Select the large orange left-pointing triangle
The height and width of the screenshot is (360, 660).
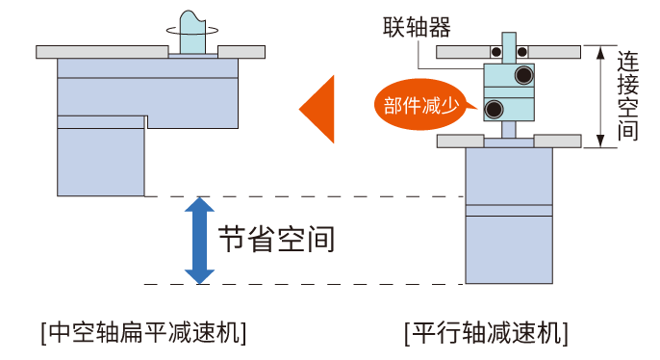318,107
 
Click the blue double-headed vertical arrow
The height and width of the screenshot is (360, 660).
198,241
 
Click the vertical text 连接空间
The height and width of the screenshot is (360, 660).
627,96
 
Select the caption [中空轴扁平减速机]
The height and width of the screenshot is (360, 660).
143,333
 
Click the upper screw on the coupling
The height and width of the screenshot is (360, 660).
524,75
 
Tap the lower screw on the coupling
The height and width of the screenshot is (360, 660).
494,107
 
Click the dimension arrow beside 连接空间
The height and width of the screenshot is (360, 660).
604,96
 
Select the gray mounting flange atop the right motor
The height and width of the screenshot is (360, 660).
509,141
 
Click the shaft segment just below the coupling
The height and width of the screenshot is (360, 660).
509,131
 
